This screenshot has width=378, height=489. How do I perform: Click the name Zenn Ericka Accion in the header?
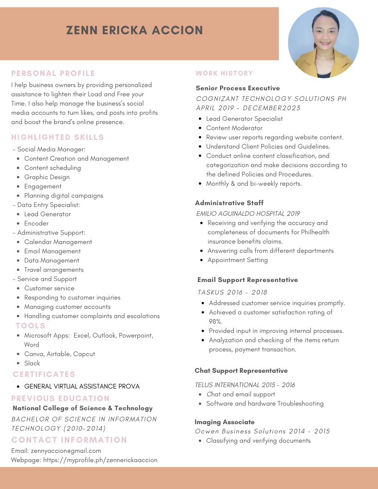(x=134, y=31)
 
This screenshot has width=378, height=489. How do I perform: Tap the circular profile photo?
(x=323, y=43)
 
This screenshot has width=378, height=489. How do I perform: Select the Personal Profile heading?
(x=53, y=73)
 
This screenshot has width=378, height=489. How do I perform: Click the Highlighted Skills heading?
(x=57, y=137)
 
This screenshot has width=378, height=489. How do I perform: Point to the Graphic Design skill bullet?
(x=47, y=177)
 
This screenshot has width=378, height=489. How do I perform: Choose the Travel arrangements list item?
(x=54, y=270)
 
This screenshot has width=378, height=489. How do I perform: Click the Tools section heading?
(x=31, y=326)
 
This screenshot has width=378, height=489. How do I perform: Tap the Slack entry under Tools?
(x=32, y=363)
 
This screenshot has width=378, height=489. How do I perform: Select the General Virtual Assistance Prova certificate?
(x=82, y=386)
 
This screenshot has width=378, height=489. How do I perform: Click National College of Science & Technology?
(x=82, y=408)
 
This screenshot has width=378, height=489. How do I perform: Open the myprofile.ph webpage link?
(x=100, y=460)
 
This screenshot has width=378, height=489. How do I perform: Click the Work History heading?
(x=224, y=73)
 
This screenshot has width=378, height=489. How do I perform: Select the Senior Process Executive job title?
(x=238, y=88)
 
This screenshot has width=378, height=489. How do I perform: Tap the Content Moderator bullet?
(x=234, y=128)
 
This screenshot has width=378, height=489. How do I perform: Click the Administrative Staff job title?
(x=229, y=203)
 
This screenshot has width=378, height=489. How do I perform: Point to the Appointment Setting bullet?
(x=237, y=260)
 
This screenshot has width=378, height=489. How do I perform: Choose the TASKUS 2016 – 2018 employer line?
(x=232, y=292)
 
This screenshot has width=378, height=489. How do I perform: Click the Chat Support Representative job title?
(x=241, y=370)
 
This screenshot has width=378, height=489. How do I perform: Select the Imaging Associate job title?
(x=224, y=422)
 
